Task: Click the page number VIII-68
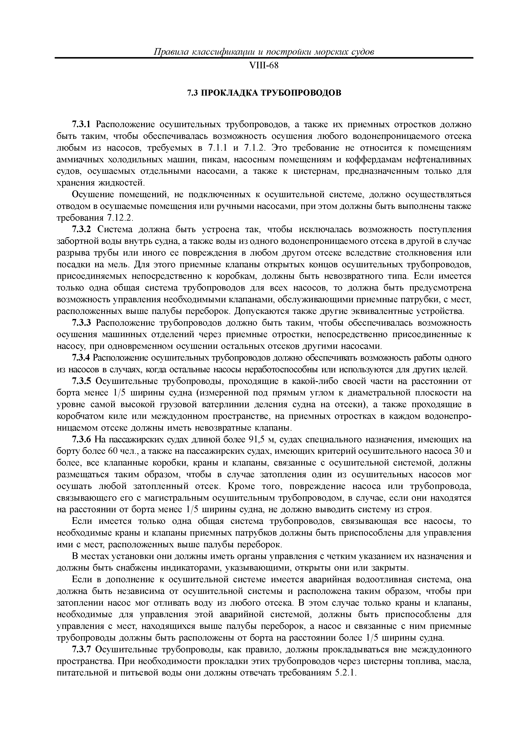(x=264, y=66)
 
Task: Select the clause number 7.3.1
(x=82, y=125)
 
